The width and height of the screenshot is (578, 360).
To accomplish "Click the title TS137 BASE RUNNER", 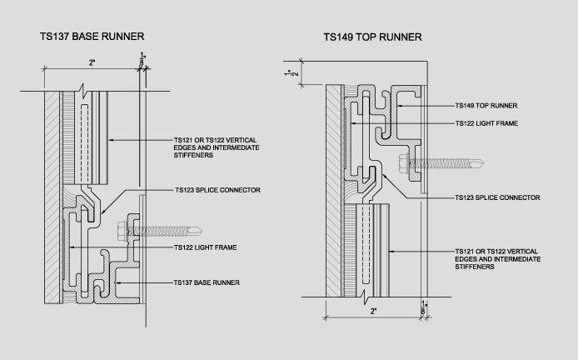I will pos(92,37).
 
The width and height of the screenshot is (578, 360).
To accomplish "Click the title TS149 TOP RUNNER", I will pos(372,37).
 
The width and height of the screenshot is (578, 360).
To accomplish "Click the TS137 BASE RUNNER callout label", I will pos(206,282).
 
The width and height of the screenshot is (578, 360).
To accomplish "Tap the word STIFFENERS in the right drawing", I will pos(474,268).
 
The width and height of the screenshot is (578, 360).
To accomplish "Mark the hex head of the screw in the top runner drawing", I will pos(405,162).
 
